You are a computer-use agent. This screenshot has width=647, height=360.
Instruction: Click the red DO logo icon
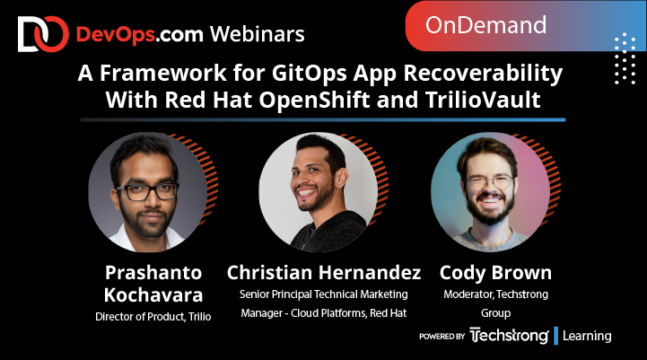click(x=43, y=33)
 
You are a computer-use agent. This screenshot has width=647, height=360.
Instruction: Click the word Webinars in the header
click(x=257, y=34)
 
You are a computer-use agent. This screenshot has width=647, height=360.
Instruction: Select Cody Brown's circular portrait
click(x=490, y=191)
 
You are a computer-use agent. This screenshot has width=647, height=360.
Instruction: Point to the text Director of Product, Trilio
click(x=153, y=316)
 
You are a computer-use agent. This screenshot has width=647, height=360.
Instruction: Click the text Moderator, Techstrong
click(x=496, y=294)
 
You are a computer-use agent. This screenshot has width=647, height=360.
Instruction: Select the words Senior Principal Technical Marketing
click(x=324, y=294)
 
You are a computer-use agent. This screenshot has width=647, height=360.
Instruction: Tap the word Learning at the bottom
click(x=589, y=336)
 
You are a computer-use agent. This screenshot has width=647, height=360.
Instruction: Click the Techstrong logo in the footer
click(x=510, y=336)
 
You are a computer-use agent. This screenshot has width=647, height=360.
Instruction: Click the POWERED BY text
click(x=442, y=337)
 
